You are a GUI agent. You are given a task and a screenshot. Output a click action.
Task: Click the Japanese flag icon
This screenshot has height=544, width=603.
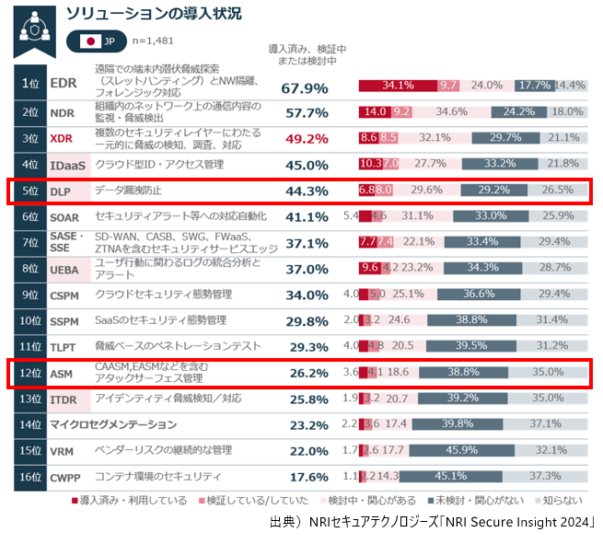pos(90,41)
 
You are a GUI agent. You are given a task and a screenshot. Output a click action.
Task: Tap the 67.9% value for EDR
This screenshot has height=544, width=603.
pos(305,88)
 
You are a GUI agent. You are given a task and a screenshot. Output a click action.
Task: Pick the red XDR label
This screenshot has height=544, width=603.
pos(61,139)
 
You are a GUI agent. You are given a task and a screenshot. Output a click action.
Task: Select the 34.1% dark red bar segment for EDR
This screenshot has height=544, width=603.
pos(398,86)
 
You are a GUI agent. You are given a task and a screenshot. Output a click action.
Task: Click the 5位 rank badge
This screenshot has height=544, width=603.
pos(30,191)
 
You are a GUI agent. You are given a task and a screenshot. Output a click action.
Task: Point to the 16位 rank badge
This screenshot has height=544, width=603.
pos(30,477)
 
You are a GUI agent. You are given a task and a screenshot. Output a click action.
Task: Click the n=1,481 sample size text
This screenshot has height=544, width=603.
pos(154,41)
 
